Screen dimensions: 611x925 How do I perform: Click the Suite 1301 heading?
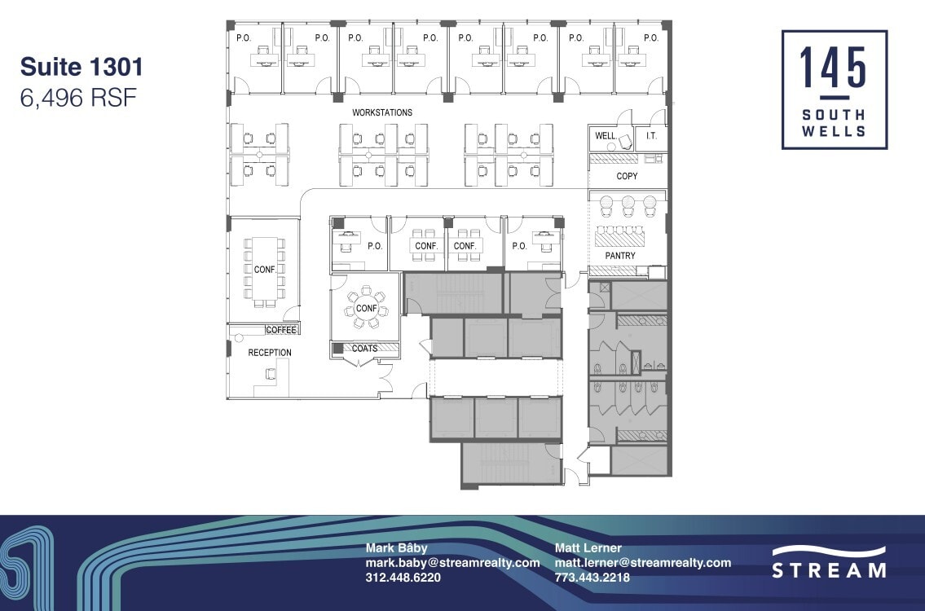pos(81,67)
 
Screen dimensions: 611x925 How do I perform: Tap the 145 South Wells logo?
pos(834,90)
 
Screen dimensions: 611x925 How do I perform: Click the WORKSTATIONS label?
pos(382,112)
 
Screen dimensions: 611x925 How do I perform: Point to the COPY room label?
pos(627,177)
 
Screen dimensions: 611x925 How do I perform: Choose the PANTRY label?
pos(620,256)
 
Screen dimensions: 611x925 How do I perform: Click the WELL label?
pos(606,136)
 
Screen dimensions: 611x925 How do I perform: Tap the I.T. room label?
pos(651,136)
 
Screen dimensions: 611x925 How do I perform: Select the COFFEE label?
pos(281,330)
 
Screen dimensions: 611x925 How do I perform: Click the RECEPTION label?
pos(270,353)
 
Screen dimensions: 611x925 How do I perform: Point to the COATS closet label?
pos(364,349)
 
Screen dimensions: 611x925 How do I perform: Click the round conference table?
pos(366,309)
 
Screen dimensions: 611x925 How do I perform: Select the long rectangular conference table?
pos(264,269)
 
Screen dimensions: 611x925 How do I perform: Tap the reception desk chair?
pos(270,374)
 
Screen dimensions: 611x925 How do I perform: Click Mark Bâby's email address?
pos(452,563)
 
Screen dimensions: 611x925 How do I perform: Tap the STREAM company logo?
pos(829,562)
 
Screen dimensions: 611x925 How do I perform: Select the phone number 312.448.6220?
pos(403,578)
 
